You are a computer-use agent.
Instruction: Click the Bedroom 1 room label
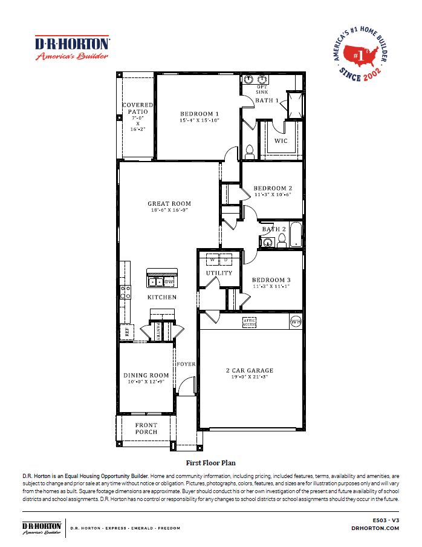coord(200,114)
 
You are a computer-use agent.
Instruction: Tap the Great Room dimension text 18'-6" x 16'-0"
coord(169,211)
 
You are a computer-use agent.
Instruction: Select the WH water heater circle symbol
coord(296,321)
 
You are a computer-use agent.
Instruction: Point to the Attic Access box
coord(249,322)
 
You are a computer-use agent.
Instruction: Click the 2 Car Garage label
coord(250,370)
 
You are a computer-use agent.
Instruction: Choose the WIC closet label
coord(281,141)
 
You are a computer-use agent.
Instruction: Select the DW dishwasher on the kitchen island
coord(169,281)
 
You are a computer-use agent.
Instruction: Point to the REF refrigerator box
coord(128,331)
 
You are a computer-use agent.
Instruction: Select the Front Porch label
coord(146,428)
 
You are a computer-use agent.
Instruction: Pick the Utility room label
coord(219,273)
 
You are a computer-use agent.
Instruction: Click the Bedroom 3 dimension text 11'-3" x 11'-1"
coord(271,286)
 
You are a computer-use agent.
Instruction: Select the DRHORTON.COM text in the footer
coord(375,528)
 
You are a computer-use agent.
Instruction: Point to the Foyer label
coord(186,364)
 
